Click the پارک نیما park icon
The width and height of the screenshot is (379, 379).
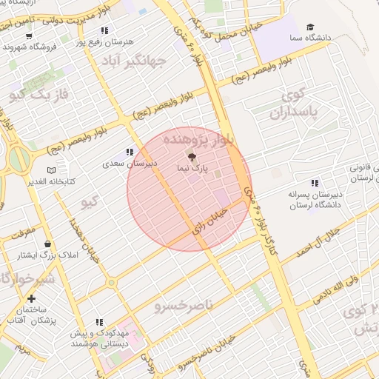click(190, 157)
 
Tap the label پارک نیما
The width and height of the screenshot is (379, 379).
click(190, 169)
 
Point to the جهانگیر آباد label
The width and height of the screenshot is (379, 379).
click(133, 59)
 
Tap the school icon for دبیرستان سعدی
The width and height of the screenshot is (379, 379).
click(130, 152)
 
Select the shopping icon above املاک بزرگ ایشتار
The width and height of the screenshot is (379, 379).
click(48, 244)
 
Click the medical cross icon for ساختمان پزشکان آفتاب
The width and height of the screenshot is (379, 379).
click(30, 298)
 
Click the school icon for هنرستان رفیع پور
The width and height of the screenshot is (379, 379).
click(104, 30)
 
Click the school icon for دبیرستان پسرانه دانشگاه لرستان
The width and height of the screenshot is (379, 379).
click(315, 183)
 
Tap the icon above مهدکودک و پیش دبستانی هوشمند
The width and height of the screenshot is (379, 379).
click(99, 322)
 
